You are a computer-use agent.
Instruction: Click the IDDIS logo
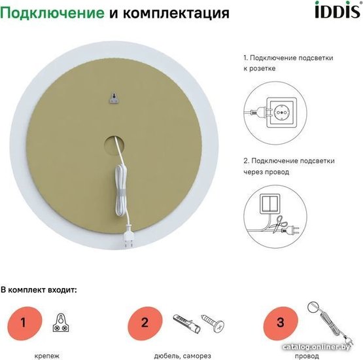(x=338, y=10)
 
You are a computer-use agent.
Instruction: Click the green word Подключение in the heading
(x=52, y=13)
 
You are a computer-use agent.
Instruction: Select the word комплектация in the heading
(x=176, y=14)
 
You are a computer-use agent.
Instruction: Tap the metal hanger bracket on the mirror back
(x=114, y=98)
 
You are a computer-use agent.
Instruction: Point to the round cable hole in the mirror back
(x=114, y=146)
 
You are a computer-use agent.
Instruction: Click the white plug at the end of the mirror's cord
(x=128, y=238)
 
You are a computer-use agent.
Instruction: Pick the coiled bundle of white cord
(x=121, y=190)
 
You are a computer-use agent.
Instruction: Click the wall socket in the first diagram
(x=281, y=113)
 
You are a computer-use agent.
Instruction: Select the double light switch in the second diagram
(x=270, y=204)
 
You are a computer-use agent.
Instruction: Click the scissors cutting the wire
(x=279, y=224)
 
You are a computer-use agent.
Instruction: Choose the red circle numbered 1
(x=25, y=323)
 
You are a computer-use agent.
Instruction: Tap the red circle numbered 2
(x=145, y=323)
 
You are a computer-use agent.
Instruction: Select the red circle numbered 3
(x=281, y=323)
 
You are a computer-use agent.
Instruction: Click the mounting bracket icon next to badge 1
(x=61, y=323)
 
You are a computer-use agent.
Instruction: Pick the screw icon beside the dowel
(x=213, y=323)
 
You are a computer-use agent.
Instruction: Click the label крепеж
(x=46, y=355)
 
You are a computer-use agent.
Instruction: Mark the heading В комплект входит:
(x=39, y=290)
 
